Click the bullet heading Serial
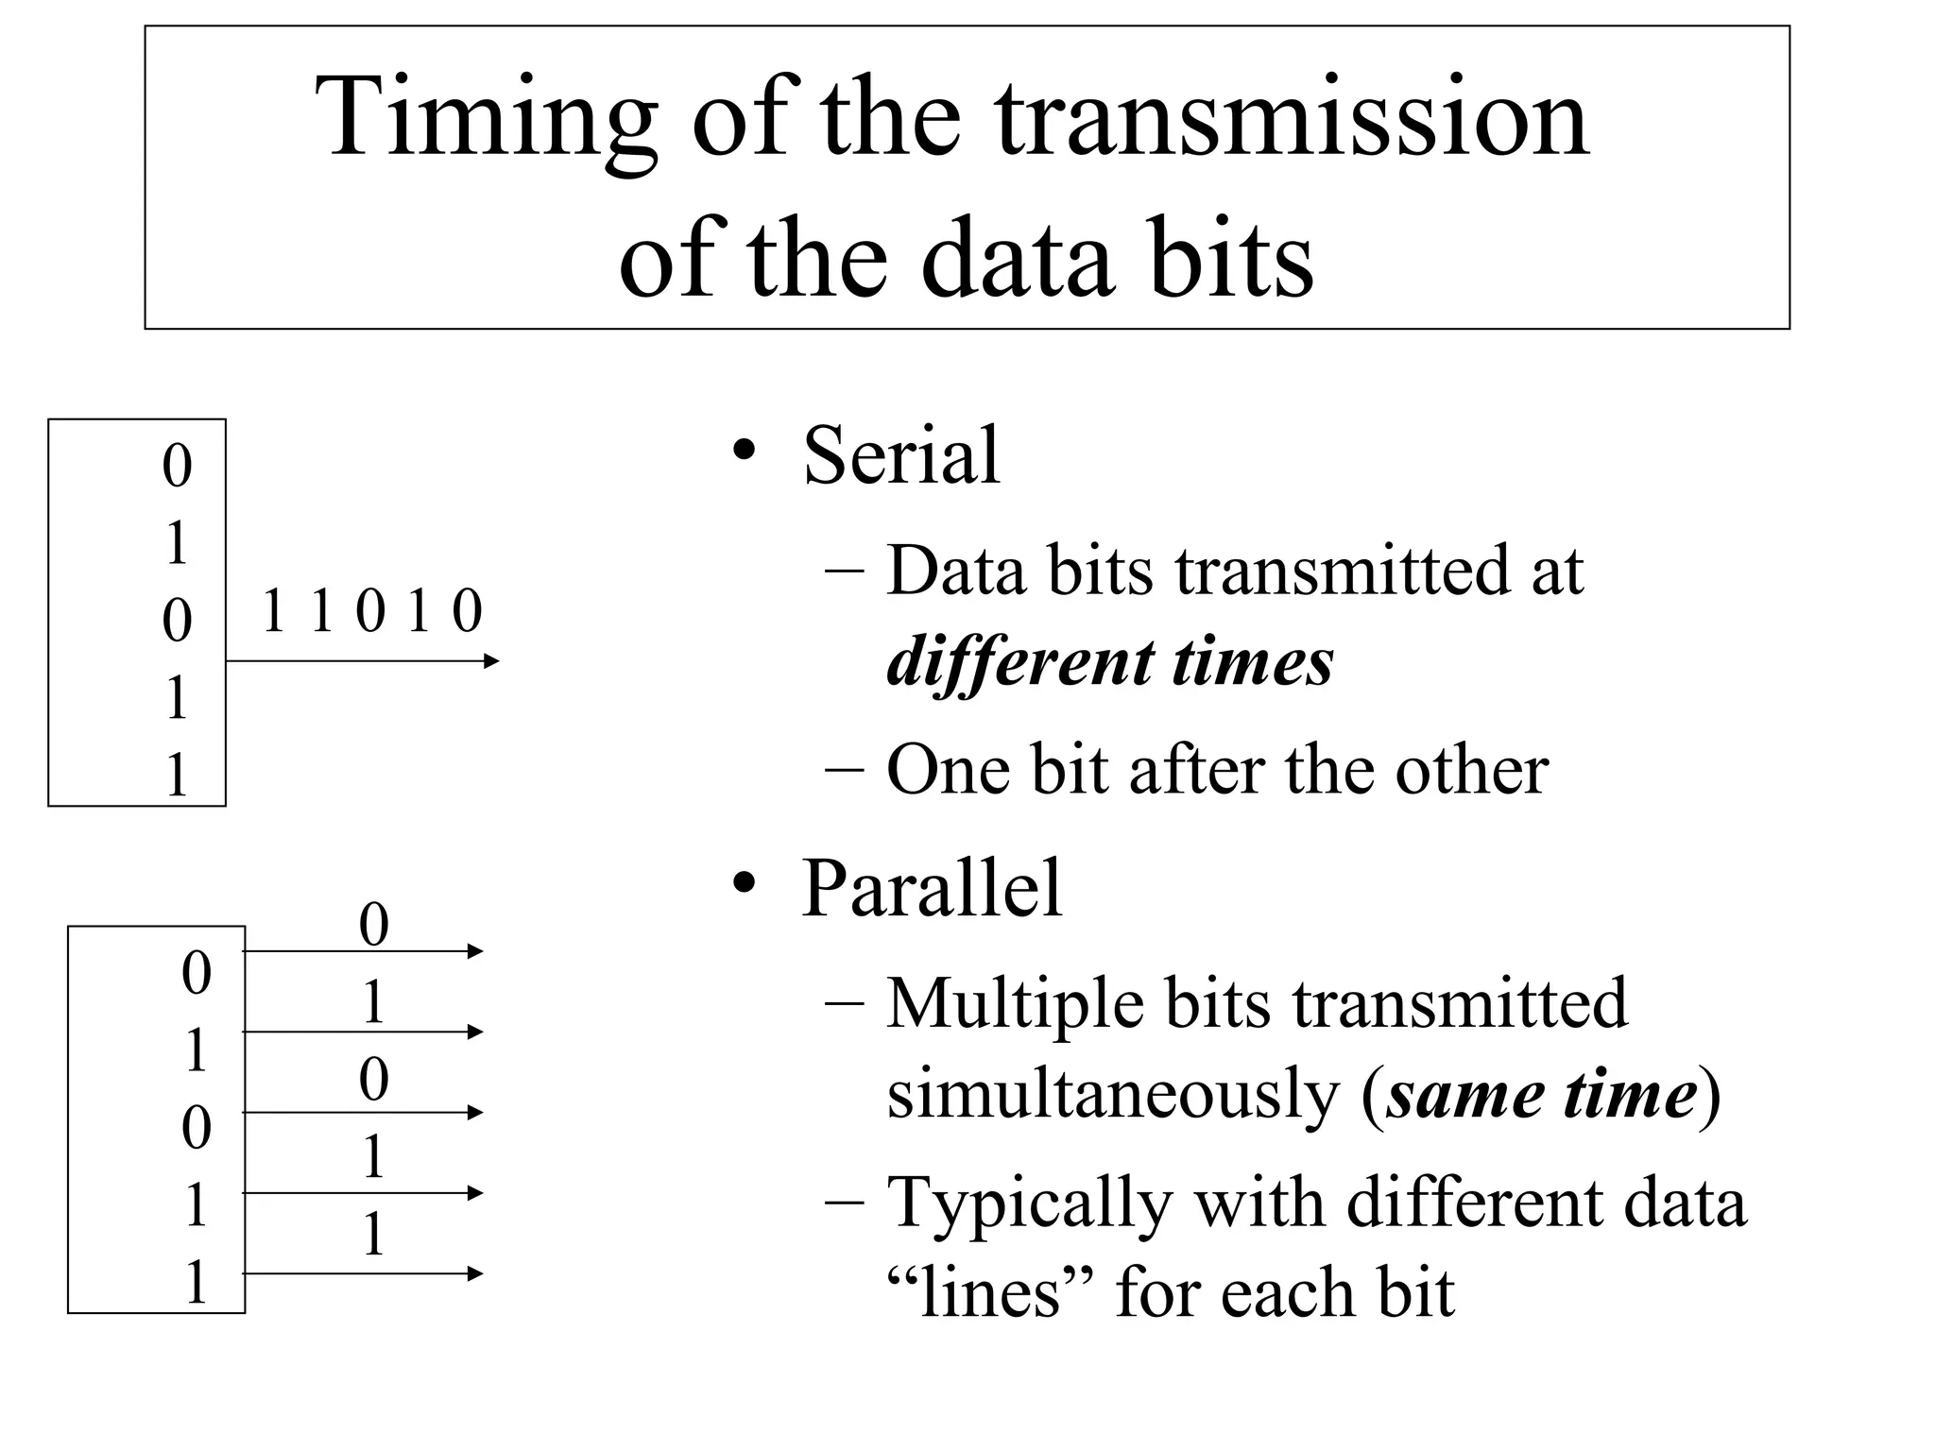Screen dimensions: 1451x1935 click(900, 455)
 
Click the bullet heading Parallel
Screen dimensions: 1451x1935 click(932, 888)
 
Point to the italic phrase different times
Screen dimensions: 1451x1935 click(1110, 662)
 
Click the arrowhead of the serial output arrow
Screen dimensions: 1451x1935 click(490, 661)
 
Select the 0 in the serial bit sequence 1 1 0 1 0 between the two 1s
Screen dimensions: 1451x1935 click(370, 611)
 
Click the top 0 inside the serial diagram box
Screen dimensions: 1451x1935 click(177, 466)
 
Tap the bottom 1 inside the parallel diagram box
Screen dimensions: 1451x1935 click(196, 1283)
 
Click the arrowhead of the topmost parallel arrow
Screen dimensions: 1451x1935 click(475, 951)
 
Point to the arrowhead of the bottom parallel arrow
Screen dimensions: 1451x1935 click(475, 1274)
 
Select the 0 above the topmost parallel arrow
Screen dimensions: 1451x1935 click(374, 925)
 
